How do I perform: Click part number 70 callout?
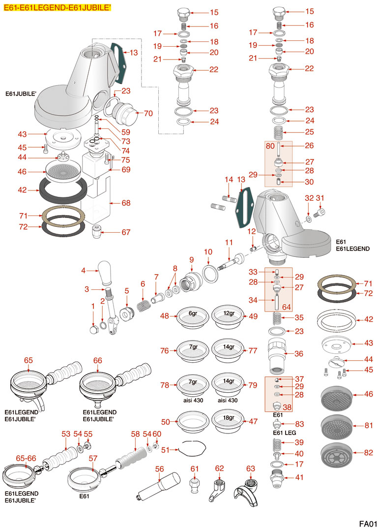[x=148, y=113]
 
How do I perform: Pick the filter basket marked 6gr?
[x=193, y=317]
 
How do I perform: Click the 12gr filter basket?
[x=228, y=317]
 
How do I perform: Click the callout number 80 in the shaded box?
[x=270, y=146]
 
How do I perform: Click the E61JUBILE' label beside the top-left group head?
[x=21, y=93]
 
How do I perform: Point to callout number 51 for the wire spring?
[x=166, y=449]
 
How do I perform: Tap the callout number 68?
[x=126, y=203]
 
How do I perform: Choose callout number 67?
[x=126, y=232]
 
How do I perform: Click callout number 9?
[x=191, y=259]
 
